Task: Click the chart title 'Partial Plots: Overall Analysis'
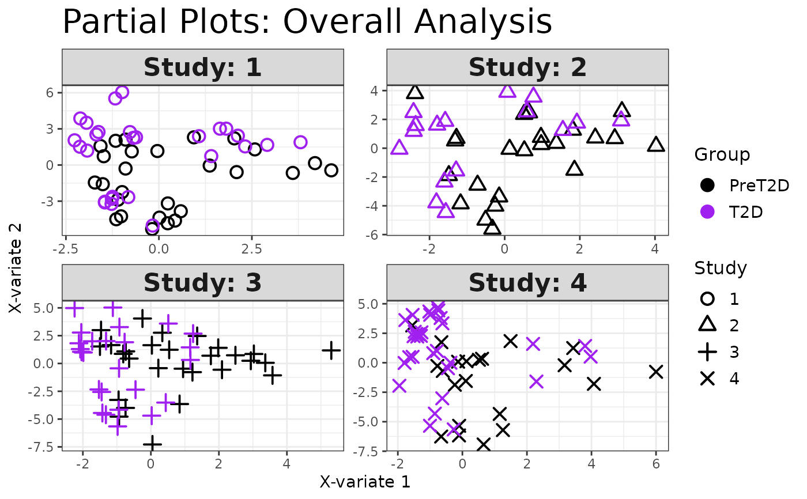[307, 23]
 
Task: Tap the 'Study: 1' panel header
[203, 67]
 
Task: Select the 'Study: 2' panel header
[527, 67]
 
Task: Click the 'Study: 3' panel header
[203, 283]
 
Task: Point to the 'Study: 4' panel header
[527, 283]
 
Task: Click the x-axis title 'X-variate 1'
[365, 482]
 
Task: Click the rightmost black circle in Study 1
[331, 170]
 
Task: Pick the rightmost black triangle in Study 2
[655, 145]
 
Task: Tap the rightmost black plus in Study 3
[331, 350]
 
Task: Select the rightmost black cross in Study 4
[655, 372]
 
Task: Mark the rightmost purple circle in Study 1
[300, 142]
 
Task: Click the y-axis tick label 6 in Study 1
[50, 93]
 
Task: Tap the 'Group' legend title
[722, 154]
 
